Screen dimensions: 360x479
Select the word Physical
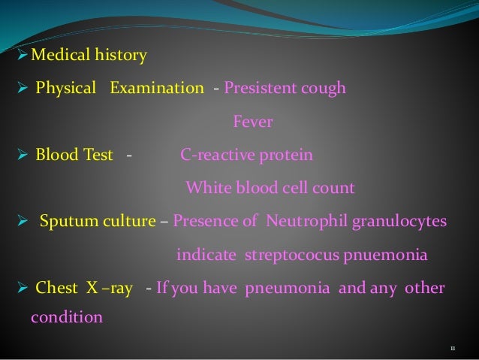point(66,88)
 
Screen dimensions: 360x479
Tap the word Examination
point(156,88)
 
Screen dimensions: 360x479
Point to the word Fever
point(252,121)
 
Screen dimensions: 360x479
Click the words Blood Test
point(74,155)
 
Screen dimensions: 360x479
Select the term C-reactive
point(216,155)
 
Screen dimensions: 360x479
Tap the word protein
point(285,155)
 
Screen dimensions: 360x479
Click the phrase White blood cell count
point(270,188)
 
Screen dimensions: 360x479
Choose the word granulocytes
point(405,221)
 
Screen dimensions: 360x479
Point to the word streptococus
point(293,255)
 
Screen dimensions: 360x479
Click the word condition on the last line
point(66,317)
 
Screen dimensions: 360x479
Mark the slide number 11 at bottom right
point(453,348)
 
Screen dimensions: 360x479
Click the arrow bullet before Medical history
point(22,55)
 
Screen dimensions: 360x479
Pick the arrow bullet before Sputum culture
point(22,222)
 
